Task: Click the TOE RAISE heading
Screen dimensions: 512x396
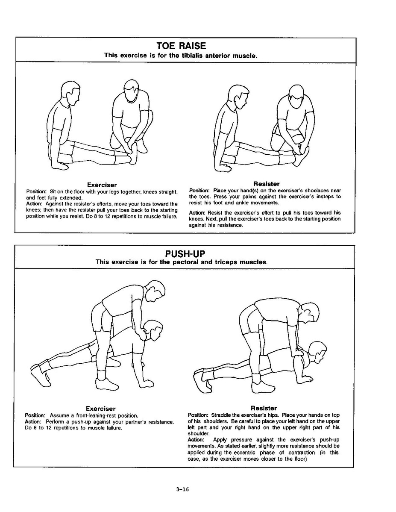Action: click(x=181, y=46)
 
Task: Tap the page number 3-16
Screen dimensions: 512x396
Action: click(x=182, y=490)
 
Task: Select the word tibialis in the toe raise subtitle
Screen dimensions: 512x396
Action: click(x=182, y=56)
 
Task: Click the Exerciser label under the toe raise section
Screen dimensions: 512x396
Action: click(x=102, y=185)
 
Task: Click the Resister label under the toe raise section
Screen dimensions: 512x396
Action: click(x=266, y=184)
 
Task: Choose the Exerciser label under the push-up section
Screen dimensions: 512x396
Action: click(x=101, y=409)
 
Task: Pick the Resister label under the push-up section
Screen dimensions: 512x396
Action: click(x=264, y=408)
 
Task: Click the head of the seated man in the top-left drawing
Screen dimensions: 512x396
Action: click(x=70, y=94)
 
